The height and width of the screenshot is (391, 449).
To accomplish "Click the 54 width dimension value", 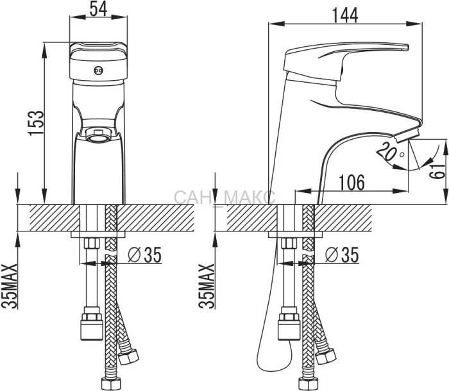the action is pos(98,8).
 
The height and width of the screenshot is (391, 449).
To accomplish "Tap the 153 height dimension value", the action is pos(36,123).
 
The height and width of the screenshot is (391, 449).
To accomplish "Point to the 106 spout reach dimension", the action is pos(352,182).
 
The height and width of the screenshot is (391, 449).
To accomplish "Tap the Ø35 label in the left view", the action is pos(144,254).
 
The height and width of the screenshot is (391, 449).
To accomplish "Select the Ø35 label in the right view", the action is pos(342,254).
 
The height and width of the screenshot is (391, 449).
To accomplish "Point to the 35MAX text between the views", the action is pos(206,286).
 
